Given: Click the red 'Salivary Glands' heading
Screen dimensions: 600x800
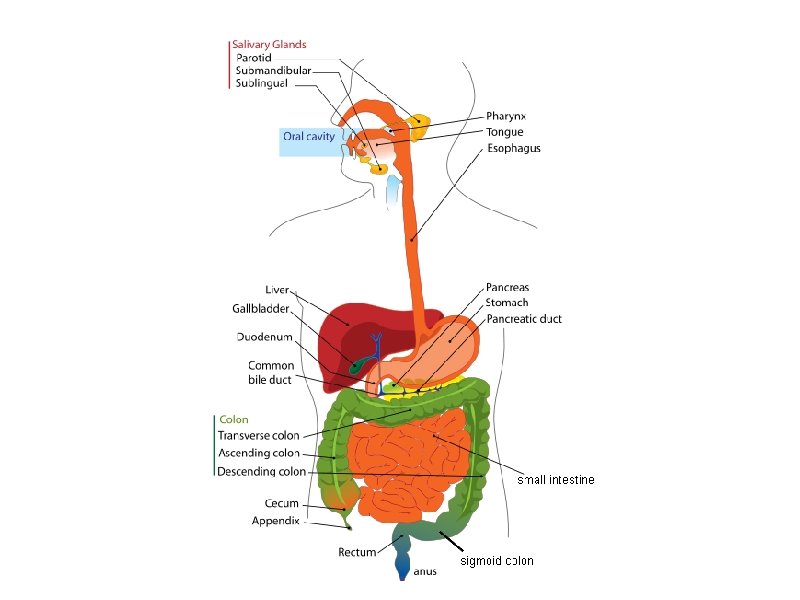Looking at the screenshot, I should (268, 44).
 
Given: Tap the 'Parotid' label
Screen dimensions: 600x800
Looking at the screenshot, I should (253, 58).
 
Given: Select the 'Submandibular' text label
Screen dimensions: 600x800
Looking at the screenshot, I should (273, 71).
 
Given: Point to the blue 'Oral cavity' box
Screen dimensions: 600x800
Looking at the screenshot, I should (309, 136).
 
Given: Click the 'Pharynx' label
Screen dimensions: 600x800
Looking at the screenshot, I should (506, 116).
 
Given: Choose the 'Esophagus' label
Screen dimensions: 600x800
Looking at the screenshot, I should (514, 148).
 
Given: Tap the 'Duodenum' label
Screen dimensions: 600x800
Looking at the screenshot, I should (265, 336).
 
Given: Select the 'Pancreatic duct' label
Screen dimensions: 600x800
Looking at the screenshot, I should (524, 319).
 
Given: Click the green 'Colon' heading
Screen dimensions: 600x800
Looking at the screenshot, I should (234, 420).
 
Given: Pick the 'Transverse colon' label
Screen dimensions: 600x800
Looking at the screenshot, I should (258, 436).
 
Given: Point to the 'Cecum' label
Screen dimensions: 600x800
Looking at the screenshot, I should (281, 503).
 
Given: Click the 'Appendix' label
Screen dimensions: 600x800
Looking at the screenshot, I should (275, 521).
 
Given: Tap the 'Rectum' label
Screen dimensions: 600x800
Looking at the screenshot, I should (357, 552).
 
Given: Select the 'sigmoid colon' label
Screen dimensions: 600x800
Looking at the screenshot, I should (496, 561).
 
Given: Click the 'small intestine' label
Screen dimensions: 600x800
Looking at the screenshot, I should (556, 480).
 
